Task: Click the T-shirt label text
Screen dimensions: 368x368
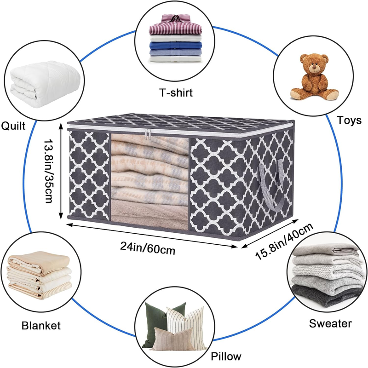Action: [170, 93]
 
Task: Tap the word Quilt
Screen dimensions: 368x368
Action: [13, 126]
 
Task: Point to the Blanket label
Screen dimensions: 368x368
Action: [41, 326]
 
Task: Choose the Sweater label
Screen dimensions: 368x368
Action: [330, 323]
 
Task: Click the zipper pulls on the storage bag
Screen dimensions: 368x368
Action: [148, 134]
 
